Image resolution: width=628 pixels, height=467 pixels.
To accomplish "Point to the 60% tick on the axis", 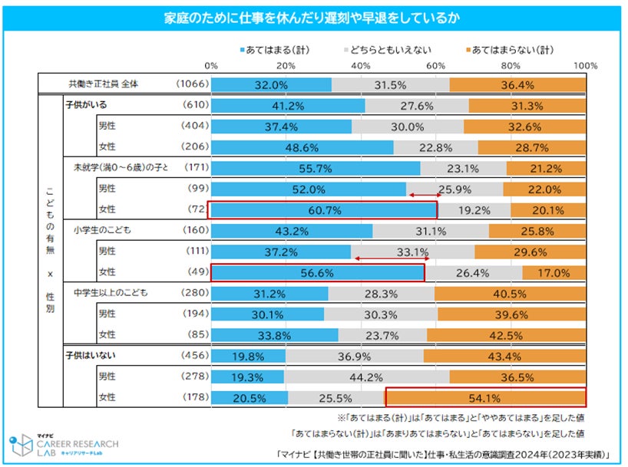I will pos(437,66).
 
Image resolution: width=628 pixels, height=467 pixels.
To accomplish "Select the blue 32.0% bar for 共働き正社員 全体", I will pos(272,84).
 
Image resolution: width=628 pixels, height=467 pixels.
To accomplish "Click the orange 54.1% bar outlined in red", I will pos(485,397).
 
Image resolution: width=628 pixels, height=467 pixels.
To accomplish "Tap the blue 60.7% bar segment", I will pos(322,209).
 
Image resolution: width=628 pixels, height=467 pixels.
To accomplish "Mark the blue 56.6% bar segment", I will pos(317,272).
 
